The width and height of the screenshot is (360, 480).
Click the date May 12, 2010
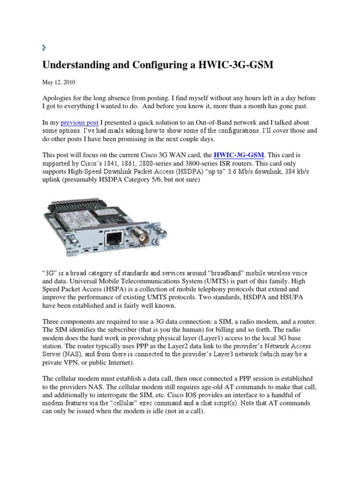[59, 82]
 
